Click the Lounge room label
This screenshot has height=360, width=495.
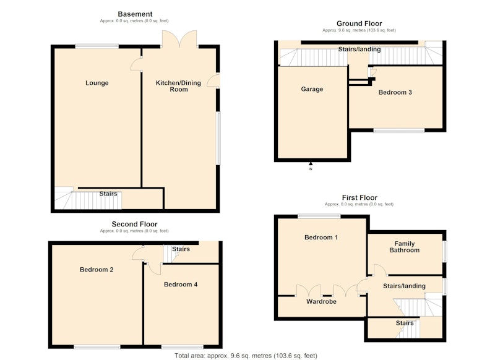coord(97,83)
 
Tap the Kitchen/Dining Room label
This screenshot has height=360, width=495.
coord(178,86)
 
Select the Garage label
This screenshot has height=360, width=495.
coord(312,89)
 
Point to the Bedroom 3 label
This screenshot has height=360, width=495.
coord(395,92)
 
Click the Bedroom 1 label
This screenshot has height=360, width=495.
coord(321,238)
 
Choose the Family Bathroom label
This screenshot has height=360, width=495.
coord(405,247)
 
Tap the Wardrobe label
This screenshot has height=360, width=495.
coord(321,302)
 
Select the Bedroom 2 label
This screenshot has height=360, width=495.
coord(97,270)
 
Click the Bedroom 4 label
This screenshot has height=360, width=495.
coord(181,285)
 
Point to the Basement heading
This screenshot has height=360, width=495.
coord(135,14)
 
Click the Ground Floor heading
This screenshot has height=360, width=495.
coord(359,24)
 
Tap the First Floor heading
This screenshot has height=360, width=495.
coord(359,197)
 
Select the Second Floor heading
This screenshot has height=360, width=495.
coord(134,224)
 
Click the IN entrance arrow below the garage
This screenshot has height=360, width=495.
coord(311,164)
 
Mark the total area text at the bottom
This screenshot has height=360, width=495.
coord(246,356)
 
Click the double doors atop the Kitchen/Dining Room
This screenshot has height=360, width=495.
coord(179,39)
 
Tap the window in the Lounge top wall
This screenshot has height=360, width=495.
coord(97,46)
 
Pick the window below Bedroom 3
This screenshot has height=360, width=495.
coord(399,131)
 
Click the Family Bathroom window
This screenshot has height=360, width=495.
coord(445,252)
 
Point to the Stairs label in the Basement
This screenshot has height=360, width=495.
coord(108,194)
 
